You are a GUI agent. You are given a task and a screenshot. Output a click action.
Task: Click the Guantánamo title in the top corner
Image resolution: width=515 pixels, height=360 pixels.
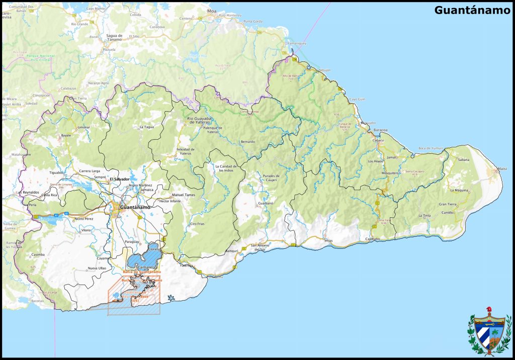472,10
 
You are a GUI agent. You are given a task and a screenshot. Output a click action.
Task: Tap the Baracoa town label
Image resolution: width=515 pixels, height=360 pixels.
380,130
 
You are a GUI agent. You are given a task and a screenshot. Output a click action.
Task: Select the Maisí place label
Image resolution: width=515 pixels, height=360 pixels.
501,168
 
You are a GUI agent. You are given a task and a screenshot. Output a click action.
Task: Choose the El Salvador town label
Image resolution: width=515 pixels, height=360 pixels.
120,178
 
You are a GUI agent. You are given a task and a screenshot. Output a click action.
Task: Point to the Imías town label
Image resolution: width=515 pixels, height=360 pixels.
328,240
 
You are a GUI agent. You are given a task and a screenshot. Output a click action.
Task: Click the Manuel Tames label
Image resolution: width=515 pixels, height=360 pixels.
183,195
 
